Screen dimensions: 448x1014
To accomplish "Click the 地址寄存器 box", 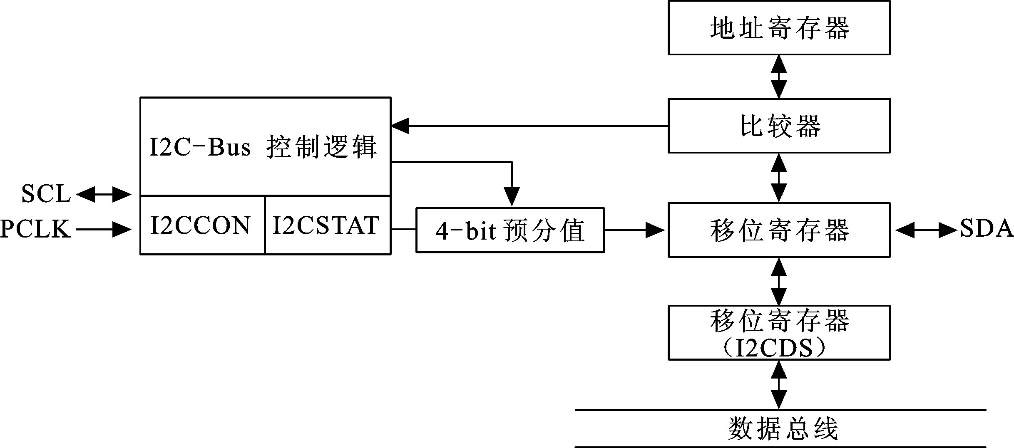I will [779, 28].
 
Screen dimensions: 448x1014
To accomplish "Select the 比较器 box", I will [779, 126].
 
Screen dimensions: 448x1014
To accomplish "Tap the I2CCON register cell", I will [202, 225].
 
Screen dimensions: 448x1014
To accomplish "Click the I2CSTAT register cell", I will [327, 225].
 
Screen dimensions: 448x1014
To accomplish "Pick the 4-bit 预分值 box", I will [510, 230].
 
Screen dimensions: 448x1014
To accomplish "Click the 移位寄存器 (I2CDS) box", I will [779, 332].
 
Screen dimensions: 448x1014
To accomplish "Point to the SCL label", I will [46, 194].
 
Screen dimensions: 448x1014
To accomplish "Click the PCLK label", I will [36, 229].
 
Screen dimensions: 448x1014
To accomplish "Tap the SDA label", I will [986, 229].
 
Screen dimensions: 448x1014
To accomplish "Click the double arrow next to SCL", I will [104, 194].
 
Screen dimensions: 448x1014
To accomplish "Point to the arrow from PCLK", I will [104, 229].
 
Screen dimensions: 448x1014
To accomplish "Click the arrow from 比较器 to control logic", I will [529, 126].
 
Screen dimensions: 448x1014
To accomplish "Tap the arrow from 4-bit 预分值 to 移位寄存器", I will [635, 230].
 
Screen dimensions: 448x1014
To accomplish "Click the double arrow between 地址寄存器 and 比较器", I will [779, 77].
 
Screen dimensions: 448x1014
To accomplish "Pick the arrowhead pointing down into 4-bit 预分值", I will [512, 196].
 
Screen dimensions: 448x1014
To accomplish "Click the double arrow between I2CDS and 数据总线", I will [779, 384].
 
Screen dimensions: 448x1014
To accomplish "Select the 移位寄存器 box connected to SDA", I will [779, 230].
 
